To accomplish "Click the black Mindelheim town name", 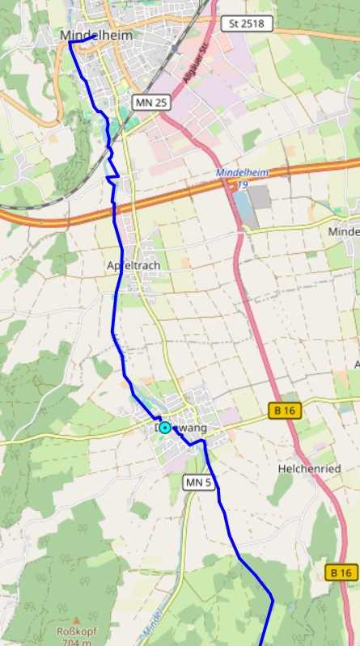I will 96,36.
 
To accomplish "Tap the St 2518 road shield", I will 246,23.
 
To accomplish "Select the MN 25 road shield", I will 150,102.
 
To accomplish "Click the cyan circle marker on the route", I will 165,427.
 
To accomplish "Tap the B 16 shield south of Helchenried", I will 341,572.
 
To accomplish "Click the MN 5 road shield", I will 199,483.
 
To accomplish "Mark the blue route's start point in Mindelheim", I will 70,42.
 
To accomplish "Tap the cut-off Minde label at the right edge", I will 343,231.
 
